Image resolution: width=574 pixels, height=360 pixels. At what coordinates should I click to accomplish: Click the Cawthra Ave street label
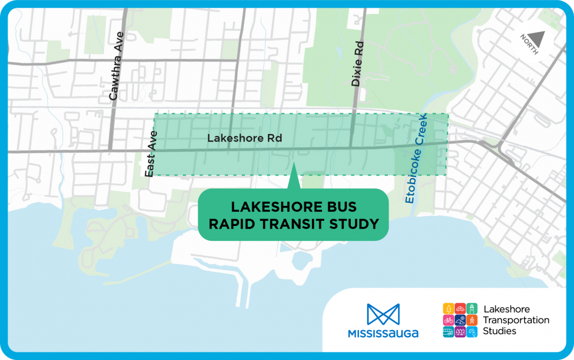click(x=116, y=66)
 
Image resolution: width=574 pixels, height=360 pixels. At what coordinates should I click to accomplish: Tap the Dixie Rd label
click(x=359, y=64)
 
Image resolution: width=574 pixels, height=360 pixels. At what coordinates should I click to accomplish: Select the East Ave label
click(x=150, y=154)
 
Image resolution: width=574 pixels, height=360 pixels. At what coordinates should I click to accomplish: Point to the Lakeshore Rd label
click(x=244, y=138)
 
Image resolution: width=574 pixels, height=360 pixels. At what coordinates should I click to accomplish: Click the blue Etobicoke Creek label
click(x=417, y=159)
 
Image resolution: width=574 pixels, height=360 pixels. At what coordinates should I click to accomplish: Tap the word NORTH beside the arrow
click(x=529, y=45)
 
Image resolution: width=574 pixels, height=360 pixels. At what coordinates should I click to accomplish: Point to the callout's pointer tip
click(x=293, y=165)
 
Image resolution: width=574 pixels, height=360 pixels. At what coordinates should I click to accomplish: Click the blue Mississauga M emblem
click(x=383, y=315)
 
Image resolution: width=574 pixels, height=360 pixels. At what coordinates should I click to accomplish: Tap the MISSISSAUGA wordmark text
click(x=383, y=334)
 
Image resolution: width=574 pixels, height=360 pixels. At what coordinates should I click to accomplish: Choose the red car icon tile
click(x=461, y=308)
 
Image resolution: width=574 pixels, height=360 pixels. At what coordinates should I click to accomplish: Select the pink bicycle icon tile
click(x=449, y=320)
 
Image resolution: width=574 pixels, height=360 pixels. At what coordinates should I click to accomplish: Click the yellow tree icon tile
click(x=449, y=308)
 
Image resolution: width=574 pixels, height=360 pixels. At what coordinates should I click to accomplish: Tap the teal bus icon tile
click(x=449, y=332)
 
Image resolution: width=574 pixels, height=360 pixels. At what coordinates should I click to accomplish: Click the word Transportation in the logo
click(x=516, y=320)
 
